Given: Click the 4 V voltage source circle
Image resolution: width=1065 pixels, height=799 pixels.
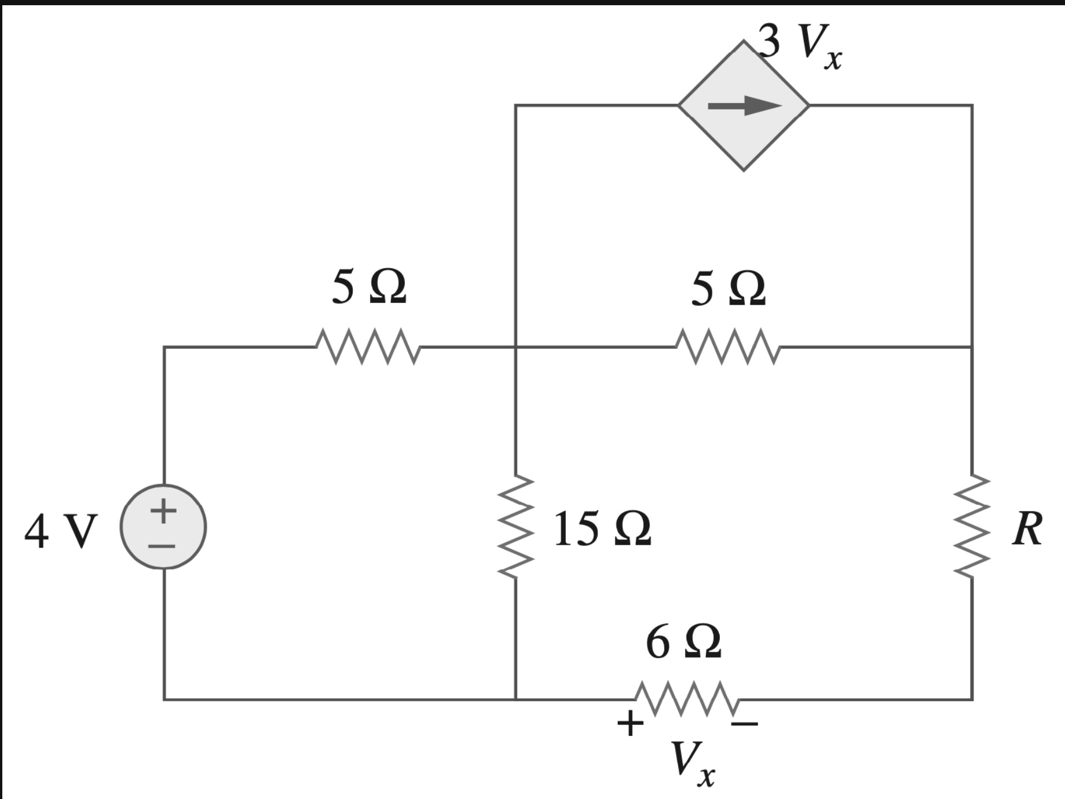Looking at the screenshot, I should [x=163, y=527].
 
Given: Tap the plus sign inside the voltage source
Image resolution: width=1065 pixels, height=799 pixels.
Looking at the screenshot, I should [x=163, y=510].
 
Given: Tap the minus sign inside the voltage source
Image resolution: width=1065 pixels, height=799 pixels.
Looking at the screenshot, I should [x=163, y=546].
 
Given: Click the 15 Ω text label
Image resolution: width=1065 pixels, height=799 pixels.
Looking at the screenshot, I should [x=602, y=529].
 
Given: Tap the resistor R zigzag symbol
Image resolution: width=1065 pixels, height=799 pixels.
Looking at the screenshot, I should [x=971, y=527].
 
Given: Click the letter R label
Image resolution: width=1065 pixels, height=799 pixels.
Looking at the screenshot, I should [x=1027, y=529].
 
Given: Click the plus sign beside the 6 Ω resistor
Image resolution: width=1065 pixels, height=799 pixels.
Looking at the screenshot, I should [x=630, y=723].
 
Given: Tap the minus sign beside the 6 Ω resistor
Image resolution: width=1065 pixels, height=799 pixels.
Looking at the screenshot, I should [x=744, y=723].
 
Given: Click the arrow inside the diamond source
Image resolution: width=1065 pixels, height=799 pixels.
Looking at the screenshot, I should [x=744, y=105].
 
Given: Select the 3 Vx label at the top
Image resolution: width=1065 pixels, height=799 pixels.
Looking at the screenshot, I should [x=802, y=43].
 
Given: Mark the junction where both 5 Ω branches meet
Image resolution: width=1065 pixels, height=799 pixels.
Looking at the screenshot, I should [x=515, y=347].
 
